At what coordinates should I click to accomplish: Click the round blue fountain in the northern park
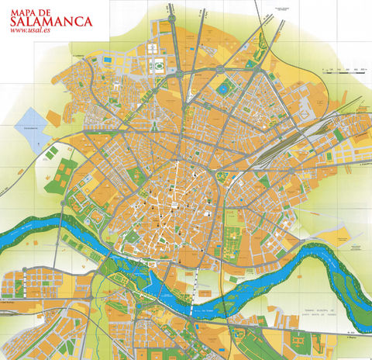(x=225, y=88)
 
